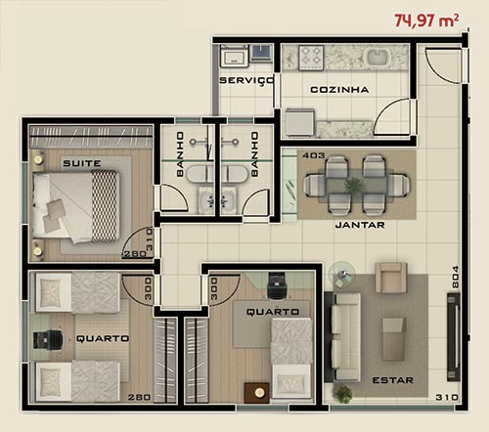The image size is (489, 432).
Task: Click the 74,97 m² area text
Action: pyautogui.click(x=426, y=21)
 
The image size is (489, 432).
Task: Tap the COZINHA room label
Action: pyautogui.click(x=339, y=90)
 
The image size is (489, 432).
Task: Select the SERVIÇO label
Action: pyautogui.click(x=246, y=80)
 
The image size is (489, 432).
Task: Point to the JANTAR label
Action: pyautogui.click(x=360, y=225)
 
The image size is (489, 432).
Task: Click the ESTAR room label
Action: pyautogui.click(x=393, y=380)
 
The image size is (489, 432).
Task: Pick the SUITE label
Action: pyautogui.click(x=82, y=163)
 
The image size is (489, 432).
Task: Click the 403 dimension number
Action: pyautogui.click(x=314, y=155)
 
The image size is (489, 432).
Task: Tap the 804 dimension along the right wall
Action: pyautogui.click(x=456, y=277)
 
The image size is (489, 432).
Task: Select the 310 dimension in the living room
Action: pyautogui.click(x=447, y=397)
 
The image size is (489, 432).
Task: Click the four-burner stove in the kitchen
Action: pyautogui.click(x=311, y=57)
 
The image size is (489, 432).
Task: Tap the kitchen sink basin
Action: pyautogui.click(x=378, y=57)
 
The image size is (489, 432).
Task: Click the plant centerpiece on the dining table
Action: pyautogui.click(x=355, y=186)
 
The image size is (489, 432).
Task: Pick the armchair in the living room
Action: pyautogui.click(x=391, y=278)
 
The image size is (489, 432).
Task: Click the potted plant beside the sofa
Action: pyautogui.click(x=343, y=394)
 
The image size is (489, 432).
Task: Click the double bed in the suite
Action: pyautogui.click(x=75, y=206)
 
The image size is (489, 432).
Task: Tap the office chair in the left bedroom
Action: pyautogui.click(x=48, y=340)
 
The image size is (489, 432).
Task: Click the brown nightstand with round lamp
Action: pyautogui.click(x=257, y=393)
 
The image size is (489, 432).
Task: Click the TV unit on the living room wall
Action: pyautogui.click(x=454, y=337)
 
